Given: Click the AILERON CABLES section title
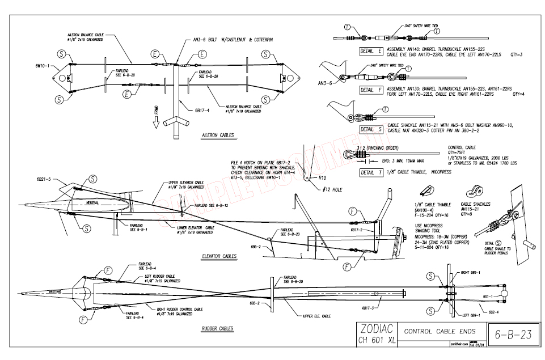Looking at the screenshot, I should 218,135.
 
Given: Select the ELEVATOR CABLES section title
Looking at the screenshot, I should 218,256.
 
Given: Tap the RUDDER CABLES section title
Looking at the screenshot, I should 218,328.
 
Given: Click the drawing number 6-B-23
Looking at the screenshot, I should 512,334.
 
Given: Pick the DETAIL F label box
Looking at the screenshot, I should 371,90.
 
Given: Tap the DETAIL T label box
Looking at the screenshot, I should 371,172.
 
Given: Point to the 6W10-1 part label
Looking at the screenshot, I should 43,65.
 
